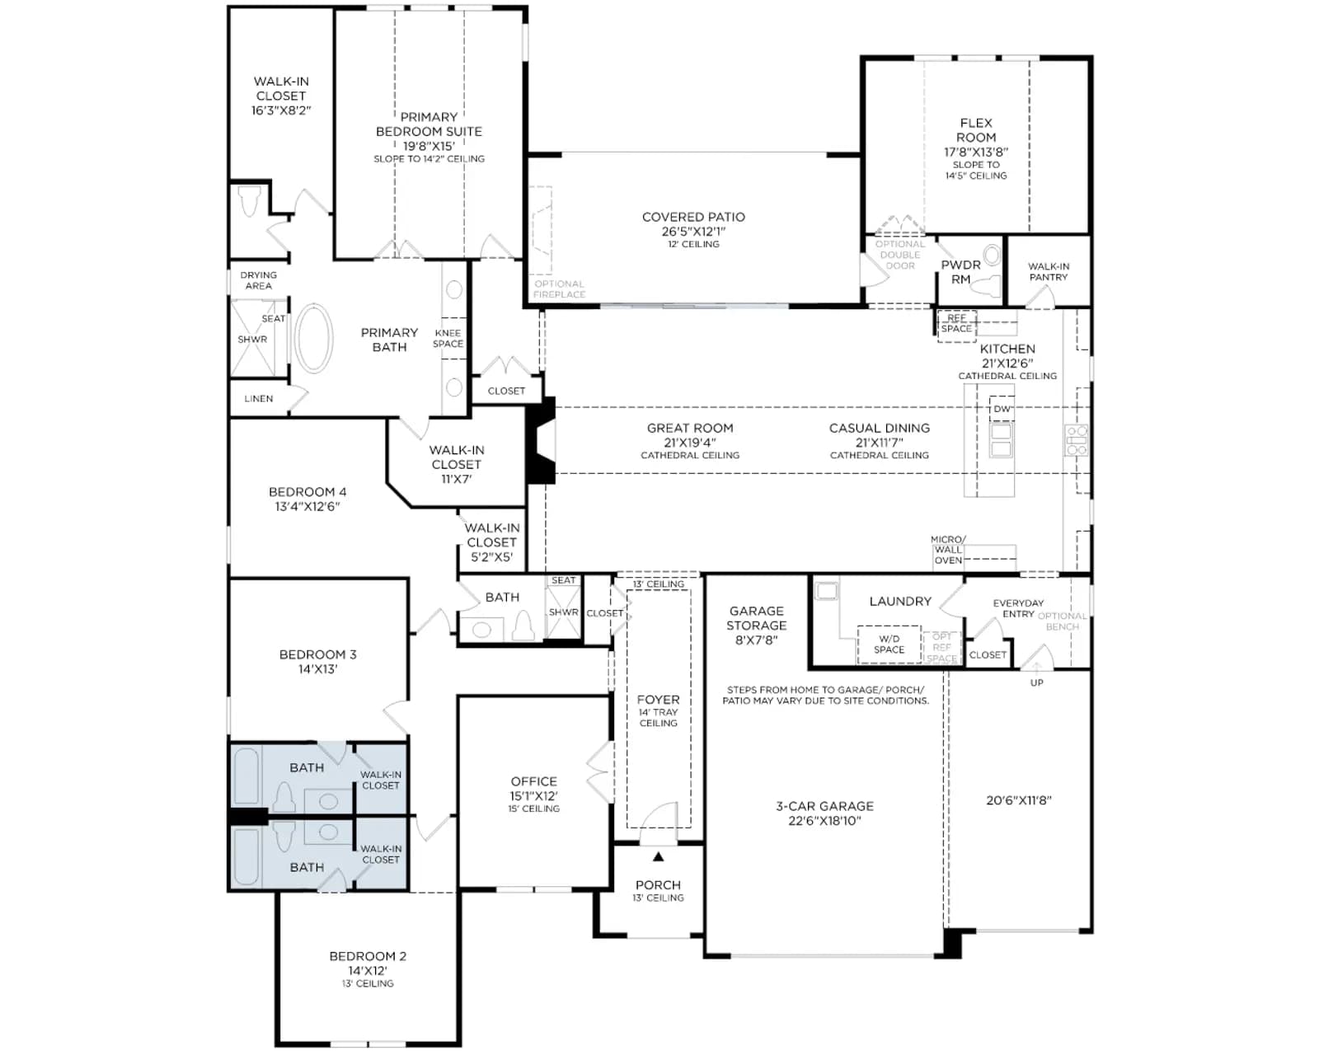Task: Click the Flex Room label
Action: tap(976, 130)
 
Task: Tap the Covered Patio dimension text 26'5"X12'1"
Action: tap(693, 231)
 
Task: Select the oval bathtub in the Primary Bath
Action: tap(314, 338)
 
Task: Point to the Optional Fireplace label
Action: tap(559, 288)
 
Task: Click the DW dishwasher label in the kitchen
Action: tap(1002, 409)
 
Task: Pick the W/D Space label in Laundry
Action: tap(889, 644)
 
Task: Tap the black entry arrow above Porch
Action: tap(659, 856)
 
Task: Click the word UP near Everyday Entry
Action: tap(1036, 682)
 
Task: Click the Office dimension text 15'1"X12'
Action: tap(534, 795)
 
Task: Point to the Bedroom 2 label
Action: tap(368, 956)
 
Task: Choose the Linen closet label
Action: tap(259, 398)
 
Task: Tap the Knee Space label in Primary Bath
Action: tap(448, 338)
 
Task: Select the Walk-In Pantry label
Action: tap(1049, 271)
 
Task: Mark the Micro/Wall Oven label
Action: tap(948, 549)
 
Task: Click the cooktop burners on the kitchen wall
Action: tap(1077, 439)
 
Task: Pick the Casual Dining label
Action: tap(879, 428)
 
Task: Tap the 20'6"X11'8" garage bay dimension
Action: tap(1019, 800)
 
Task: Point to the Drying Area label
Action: tap(259, 280)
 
